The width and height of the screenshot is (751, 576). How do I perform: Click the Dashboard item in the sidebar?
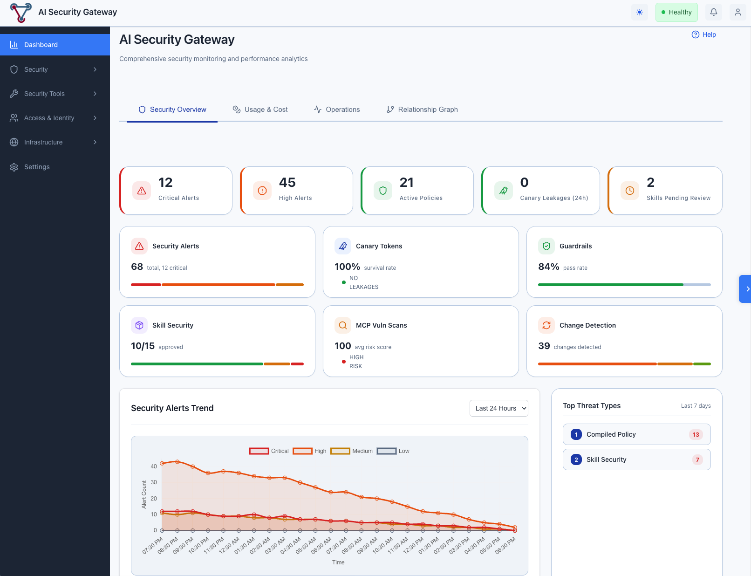41,45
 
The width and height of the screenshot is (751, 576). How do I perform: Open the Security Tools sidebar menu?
45,94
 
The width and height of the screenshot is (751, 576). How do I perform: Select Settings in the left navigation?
37,167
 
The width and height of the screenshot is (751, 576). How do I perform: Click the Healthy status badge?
676,12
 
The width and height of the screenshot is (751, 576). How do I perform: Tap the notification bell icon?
713,12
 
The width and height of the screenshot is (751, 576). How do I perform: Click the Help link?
704,34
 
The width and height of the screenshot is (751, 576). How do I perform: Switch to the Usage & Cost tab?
260,110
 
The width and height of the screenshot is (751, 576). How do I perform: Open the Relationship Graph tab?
422,110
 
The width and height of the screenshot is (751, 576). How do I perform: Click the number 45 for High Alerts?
287,182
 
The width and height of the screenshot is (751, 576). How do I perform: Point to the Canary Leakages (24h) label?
553,198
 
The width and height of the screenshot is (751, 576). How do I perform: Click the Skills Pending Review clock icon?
629,191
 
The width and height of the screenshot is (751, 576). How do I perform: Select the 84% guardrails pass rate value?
548,267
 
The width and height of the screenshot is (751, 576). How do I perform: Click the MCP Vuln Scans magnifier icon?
342,325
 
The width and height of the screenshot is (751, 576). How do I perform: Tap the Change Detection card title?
587,325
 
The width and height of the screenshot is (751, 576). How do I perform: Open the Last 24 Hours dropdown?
498,408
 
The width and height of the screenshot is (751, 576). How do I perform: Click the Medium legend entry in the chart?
352,451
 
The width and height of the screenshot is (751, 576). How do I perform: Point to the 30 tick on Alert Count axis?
154,482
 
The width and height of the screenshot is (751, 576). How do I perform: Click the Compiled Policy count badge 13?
695,434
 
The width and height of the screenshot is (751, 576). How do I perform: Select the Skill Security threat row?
636,459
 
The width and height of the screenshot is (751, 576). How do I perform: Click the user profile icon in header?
737,12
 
